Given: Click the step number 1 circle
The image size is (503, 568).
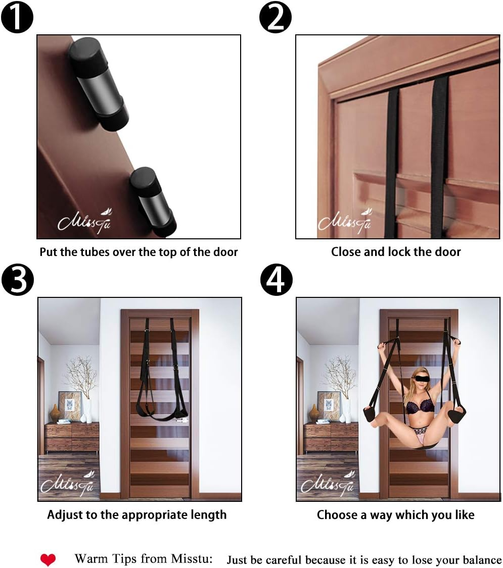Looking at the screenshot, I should click(17, 17).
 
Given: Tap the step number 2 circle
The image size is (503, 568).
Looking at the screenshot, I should click(276, 17).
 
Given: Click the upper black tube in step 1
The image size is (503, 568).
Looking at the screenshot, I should click(98, 84).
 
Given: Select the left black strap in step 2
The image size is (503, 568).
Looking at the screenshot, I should click(392, 162).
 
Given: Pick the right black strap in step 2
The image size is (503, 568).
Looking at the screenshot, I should click(438, 157).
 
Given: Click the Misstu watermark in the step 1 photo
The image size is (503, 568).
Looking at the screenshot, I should click(84, 221).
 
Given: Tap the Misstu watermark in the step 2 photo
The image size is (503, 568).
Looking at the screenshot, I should click(344, 221).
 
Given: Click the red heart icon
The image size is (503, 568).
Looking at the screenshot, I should click(48, 559).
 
